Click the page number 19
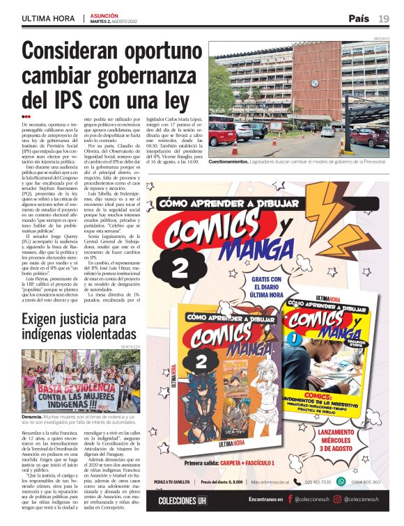point(384,17)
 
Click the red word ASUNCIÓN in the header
point(105,15)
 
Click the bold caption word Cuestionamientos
point(239,161)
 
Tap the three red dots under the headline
point(26,117)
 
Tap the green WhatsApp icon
point(341,481)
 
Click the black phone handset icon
point(297,481)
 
